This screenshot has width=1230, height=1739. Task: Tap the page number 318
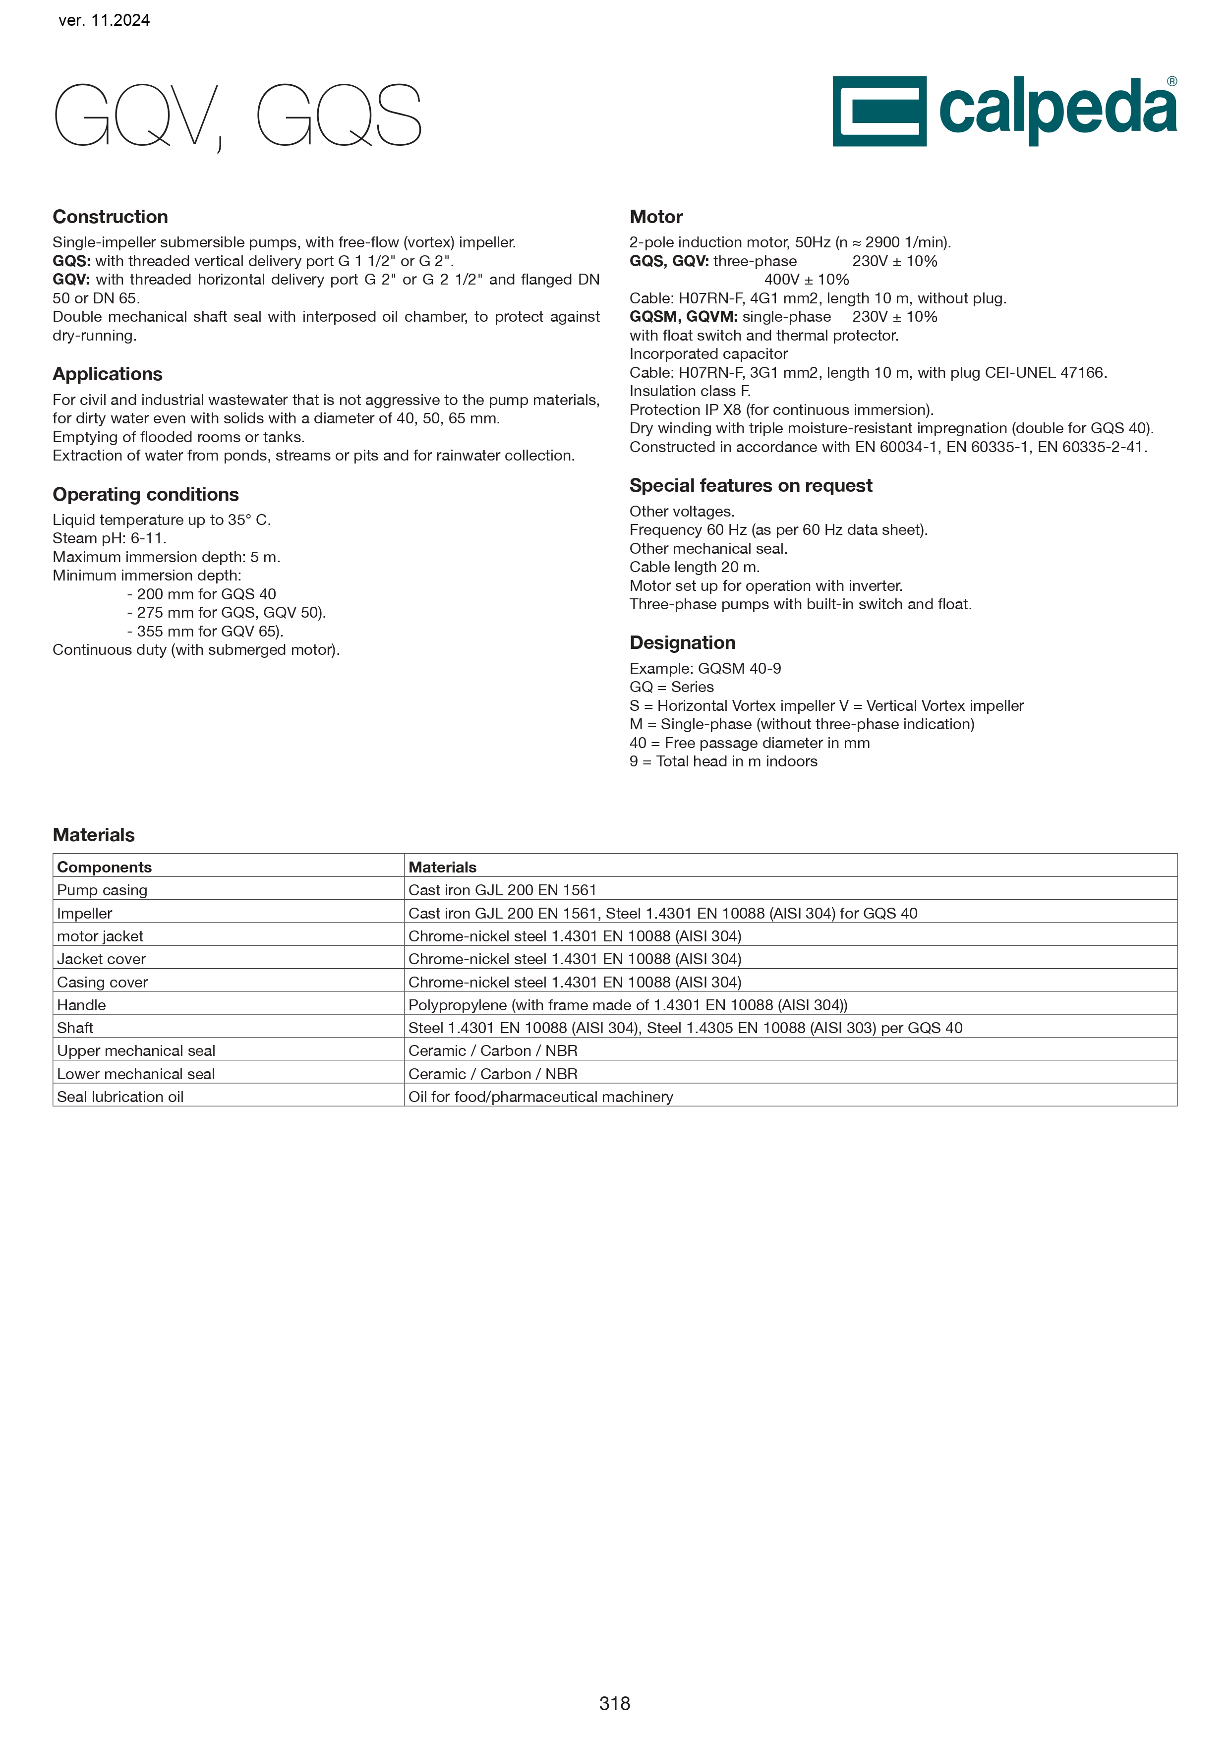click(614, 1703)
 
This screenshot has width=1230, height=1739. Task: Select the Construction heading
click(110, 217)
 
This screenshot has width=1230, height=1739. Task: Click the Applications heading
click(108, 374)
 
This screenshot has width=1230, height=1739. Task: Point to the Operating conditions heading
click(145, 495)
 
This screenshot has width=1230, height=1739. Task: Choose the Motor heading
click(656, 217)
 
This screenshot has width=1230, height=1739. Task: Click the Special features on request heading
click(751, 485)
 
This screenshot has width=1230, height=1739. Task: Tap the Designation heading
click(682, 642)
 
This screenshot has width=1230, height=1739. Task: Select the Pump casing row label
click(102, 890)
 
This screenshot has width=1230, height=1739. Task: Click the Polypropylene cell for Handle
click(628, 1005)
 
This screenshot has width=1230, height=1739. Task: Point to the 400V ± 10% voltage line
click(807, 280)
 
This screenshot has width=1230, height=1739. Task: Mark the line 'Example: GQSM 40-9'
click(705, 668)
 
